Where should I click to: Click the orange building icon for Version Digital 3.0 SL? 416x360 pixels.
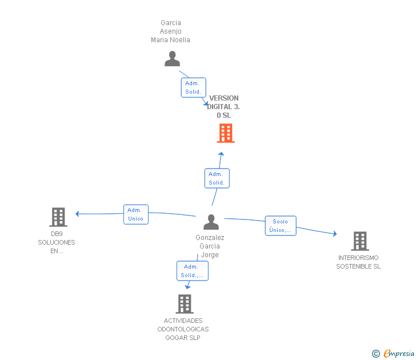tap(226, 133)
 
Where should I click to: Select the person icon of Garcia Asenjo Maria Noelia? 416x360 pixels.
tap(172, 58)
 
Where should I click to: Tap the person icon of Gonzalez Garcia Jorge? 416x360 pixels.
tap(211, 222)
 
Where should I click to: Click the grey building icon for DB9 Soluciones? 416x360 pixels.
tap(58, 217)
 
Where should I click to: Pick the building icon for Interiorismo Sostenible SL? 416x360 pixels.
tap(359, 241)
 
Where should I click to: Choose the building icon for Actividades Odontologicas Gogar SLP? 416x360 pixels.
tap(184, 303)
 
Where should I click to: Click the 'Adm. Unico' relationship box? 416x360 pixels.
tap(135, 214)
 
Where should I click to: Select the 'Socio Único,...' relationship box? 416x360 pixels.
tap(280, 226)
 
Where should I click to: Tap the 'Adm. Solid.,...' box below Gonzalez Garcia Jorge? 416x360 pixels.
tap(192, 271)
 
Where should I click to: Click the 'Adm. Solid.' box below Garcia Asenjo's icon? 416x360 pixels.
tap(192, 87)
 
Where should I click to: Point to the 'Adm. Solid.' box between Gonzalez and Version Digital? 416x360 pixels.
tap(217, 178)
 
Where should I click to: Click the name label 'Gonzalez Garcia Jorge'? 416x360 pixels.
tap(210, 246)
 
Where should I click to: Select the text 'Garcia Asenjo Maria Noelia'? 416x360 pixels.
tap(170, 31)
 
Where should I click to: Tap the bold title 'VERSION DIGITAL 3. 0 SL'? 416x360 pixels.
tap(223, 107)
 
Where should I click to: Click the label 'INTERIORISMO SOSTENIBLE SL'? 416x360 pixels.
tap(358, 262)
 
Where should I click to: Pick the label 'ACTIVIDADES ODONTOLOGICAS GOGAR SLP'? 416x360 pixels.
tap(183, 329)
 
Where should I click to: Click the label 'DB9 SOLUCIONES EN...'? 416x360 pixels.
tap(57, 242)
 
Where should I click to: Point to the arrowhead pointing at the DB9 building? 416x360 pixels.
tap(77, 214)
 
